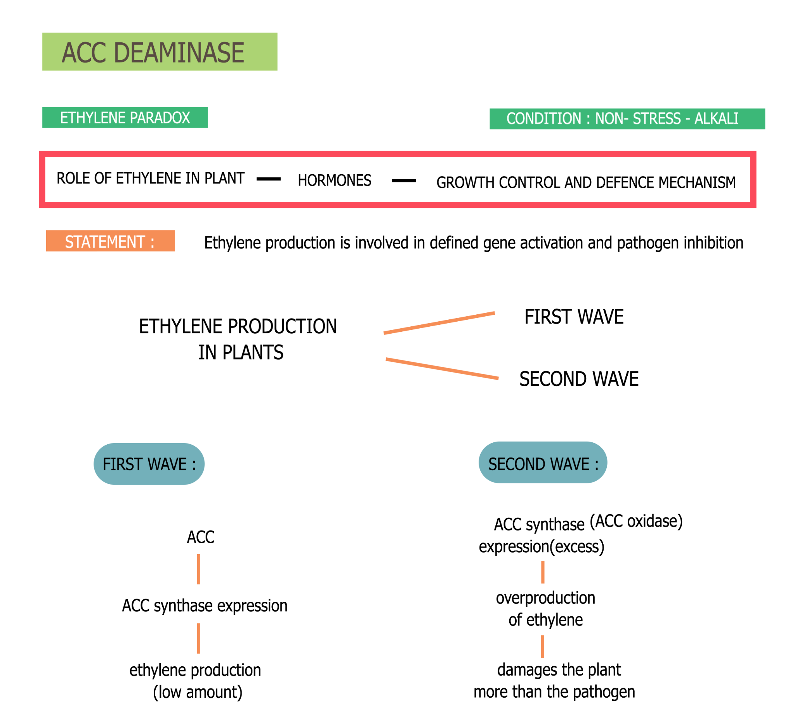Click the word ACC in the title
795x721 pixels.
coord(84,53)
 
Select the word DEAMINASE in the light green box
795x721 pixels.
coord(179,53)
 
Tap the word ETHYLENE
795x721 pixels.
coord(93,118)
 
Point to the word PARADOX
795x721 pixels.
coord(160,118)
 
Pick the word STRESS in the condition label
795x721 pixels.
coord(656,119)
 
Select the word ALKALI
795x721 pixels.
coord(716,119)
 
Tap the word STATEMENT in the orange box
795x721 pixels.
coord(105,242)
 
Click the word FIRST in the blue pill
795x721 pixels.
coord(122,464)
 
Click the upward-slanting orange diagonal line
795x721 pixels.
coord(439,323)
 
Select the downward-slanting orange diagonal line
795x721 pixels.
coord(442,369)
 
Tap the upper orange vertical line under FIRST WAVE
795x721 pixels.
coord(198,569)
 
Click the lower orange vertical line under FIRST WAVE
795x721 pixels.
coord(198,638)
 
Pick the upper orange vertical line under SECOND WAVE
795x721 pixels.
coord(543,572)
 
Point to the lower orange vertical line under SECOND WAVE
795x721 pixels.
coord(542,646)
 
